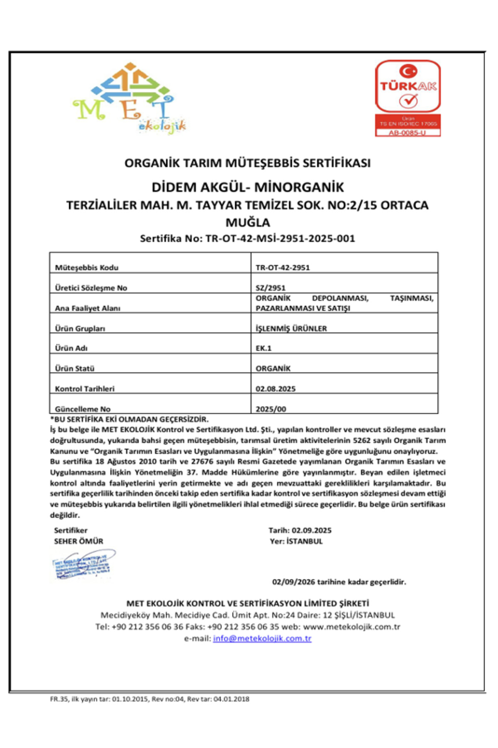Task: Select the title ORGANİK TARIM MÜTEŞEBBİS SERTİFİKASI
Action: click(x=247, y=163)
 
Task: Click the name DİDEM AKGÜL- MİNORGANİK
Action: click(x=247, y=187)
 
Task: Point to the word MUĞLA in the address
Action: click(x=247, y=223)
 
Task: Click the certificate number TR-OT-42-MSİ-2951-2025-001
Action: click(x=280, y=239)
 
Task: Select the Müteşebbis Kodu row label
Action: click(x=87, y=268)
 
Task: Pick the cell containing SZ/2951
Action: click(x=271, y=288)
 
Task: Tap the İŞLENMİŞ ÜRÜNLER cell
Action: click(x=291, y=328)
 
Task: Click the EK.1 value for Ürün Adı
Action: click(x=264, y=348)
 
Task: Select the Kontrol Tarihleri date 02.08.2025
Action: click(x=276, y=389)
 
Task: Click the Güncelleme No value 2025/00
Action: click(x=271, y=409)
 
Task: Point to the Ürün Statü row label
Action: click(x=75, y=369)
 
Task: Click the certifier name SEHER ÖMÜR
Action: click(x=78, y=541)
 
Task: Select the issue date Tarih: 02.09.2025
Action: click(x=300, y=530)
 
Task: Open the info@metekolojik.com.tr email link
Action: click(x=262, y=638)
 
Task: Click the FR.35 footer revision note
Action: click(x=149, y=699)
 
